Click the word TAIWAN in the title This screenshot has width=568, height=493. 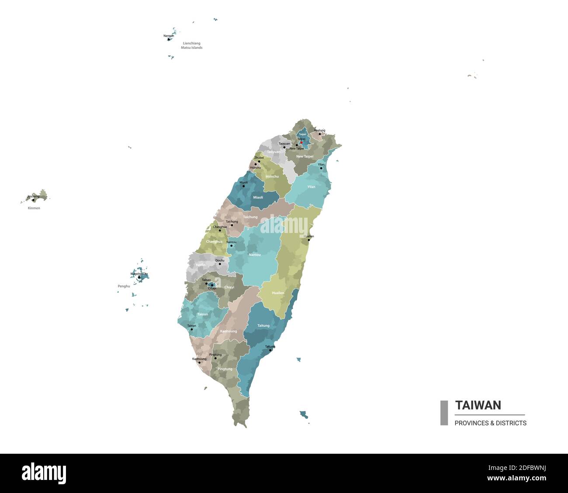pos(478,405)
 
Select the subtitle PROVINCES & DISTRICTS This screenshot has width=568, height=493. pos(490,423)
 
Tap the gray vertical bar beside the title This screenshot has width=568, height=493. pos(444,413)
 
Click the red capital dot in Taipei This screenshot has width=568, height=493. pos(301,142)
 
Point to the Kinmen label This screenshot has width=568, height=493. pos(34,208)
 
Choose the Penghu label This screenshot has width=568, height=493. pos(124,286)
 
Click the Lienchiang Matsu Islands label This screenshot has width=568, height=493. pos(192,45)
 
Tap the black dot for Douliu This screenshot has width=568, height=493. pos(220,264)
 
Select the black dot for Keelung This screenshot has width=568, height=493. pos(320,134)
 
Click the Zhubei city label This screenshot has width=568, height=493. pos(259,157)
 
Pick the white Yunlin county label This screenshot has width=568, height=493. pos(201,265)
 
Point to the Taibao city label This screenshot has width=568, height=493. pos(206,280)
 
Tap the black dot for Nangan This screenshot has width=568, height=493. pos(169,39)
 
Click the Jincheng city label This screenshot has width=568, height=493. pos(33,196)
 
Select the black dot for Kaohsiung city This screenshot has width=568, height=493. pos(200,363)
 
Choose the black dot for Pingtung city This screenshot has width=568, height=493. pos(215,358)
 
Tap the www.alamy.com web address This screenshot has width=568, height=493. pos(516,478)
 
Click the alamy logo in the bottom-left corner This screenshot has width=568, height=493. pos(44,473)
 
